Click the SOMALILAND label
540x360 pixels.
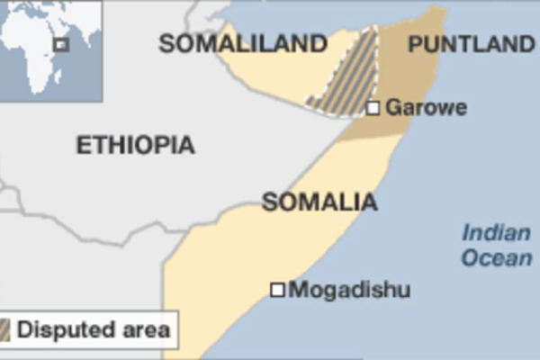[242, 43]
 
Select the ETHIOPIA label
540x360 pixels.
[135, 145]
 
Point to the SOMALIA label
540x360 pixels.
[319, 202]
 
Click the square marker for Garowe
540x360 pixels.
[373, 108]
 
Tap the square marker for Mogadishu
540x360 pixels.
[278, 290]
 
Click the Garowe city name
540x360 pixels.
[426, 108]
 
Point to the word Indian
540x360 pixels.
[496, 234]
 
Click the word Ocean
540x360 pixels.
[496, 258]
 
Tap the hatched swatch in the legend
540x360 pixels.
[5, 329]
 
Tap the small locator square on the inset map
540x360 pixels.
[61, 44]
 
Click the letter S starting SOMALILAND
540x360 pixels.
[166, 43]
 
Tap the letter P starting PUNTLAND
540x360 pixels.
[416, 43]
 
